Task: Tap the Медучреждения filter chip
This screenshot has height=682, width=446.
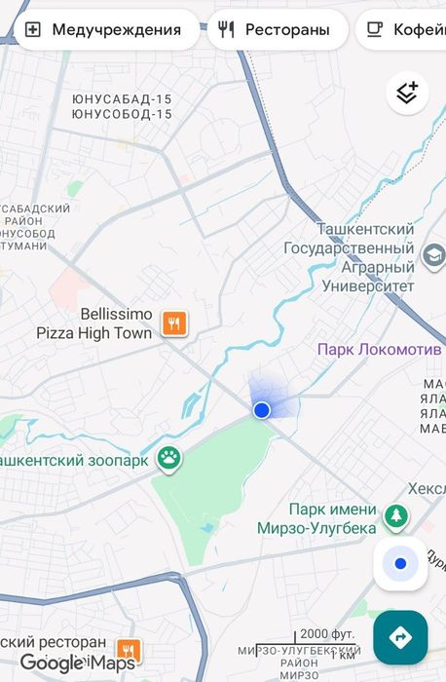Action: (102, 29)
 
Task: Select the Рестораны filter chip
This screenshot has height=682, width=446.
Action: (277, 29)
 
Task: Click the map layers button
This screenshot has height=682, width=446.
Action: (407, 94)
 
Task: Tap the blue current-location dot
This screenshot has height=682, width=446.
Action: (261, 410)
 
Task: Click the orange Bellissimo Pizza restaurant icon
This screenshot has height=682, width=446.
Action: (174, 323)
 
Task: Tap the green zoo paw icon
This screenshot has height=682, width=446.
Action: (169, 459)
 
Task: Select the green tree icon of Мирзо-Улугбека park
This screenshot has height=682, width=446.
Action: (395, 517)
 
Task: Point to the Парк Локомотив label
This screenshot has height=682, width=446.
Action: (381, 349)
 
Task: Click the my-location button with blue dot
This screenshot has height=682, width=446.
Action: (400, 564)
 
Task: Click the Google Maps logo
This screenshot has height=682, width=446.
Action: (78, 663)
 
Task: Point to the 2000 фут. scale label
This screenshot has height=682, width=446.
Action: (327, 633)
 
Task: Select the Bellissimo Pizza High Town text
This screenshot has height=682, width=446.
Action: (93, 323)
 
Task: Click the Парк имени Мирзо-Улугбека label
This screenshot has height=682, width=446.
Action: (331, 518)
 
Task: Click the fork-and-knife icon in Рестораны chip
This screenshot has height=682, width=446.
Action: (227, 29)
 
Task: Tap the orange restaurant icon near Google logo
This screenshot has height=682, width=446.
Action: (128, 650)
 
